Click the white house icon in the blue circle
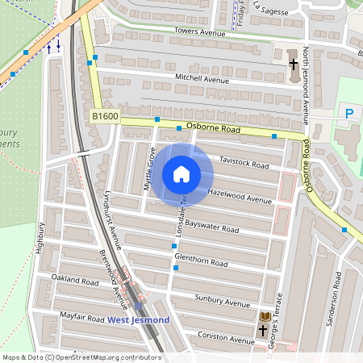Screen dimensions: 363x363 point(181,173)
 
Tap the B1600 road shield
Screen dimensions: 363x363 point(105,117)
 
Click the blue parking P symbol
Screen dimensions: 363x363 point(349,114)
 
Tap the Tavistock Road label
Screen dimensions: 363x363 point(243,164)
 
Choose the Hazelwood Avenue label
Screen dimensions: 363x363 point(240,196)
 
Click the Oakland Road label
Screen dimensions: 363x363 point(74,280)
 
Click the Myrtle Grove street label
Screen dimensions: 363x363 point(149,169)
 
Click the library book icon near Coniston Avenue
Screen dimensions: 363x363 point(265,315)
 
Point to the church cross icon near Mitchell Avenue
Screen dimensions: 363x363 point(294,62)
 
